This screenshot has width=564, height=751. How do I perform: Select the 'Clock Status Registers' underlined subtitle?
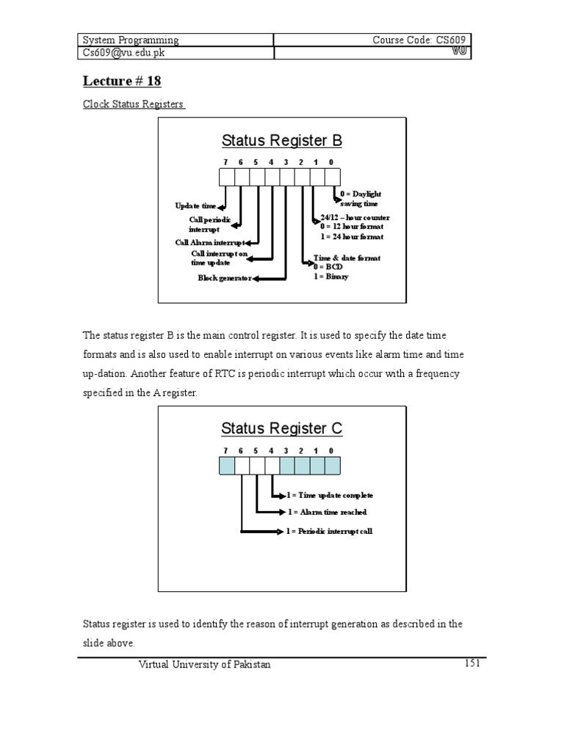click(133, 104)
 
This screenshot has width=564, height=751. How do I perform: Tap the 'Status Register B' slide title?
click(282, 140)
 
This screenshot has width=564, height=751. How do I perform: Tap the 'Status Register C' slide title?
click(282, 428)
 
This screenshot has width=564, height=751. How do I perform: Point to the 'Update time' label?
click(195, 206)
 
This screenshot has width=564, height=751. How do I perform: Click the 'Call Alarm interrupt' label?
click(209, 242)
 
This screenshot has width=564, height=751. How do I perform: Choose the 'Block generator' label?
click(225, 278)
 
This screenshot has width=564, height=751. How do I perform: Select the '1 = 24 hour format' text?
click(351, 237)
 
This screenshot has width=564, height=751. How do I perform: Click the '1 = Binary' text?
click(331, 276)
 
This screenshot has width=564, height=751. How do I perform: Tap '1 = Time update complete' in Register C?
click(330, 496)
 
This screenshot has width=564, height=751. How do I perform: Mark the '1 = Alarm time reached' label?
click(327, 512)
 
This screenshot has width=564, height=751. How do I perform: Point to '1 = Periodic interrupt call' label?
click(330, 531)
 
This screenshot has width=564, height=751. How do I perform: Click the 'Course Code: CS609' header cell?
click(419, 40)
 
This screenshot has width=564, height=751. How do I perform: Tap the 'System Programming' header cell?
click(130, 40)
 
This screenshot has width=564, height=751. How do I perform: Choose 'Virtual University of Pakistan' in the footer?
click(205, 664)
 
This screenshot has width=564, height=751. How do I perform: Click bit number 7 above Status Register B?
click(226, 161)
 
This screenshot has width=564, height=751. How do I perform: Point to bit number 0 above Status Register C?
click(332, 450)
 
